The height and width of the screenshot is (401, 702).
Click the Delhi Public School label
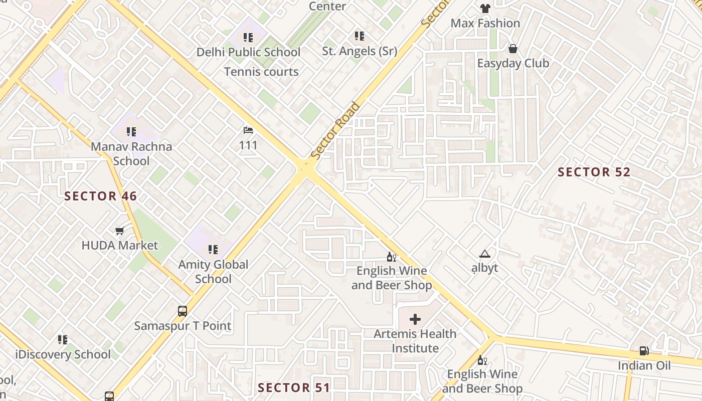[248, 52]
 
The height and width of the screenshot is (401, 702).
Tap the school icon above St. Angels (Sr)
[359, 36]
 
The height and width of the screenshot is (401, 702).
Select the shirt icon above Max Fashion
[485, 9]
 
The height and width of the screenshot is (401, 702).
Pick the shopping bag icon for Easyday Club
[512, 49]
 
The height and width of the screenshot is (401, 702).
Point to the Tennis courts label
[261, 72]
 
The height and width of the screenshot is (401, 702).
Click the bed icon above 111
[248, 130]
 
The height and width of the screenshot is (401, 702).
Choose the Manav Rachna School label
[131, 154]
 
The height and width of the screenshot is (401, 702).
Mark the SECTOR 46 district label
[101, 196]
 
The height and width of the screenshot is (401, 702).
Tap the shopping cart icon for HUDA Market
[119, 231]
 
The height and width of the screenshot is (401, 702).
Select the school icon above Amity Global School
[213, 250]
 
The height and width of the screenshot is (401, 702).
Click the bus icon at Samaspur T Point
[183, 311]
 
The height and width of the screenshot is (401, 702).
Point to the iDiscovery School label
[63, 355]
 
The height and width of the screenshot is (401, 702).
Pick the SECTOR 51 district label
[294, 387]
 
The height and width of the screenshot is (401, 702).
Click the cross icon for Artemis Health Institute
[415, 319]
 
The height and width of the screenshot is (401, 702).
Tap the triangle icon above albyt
[484, 254]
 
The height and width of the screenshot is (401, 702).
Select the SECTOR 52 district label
[594, 172]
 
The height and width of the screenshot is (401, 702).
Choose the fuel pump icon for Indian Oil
[644, 351]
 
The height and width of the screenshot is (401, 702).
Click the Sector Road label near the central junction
[335, 131]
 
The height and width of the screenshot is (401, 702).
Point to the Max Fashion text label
[485, 23]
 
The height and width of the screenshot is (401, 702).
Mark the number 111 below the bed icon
[248, 145]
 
